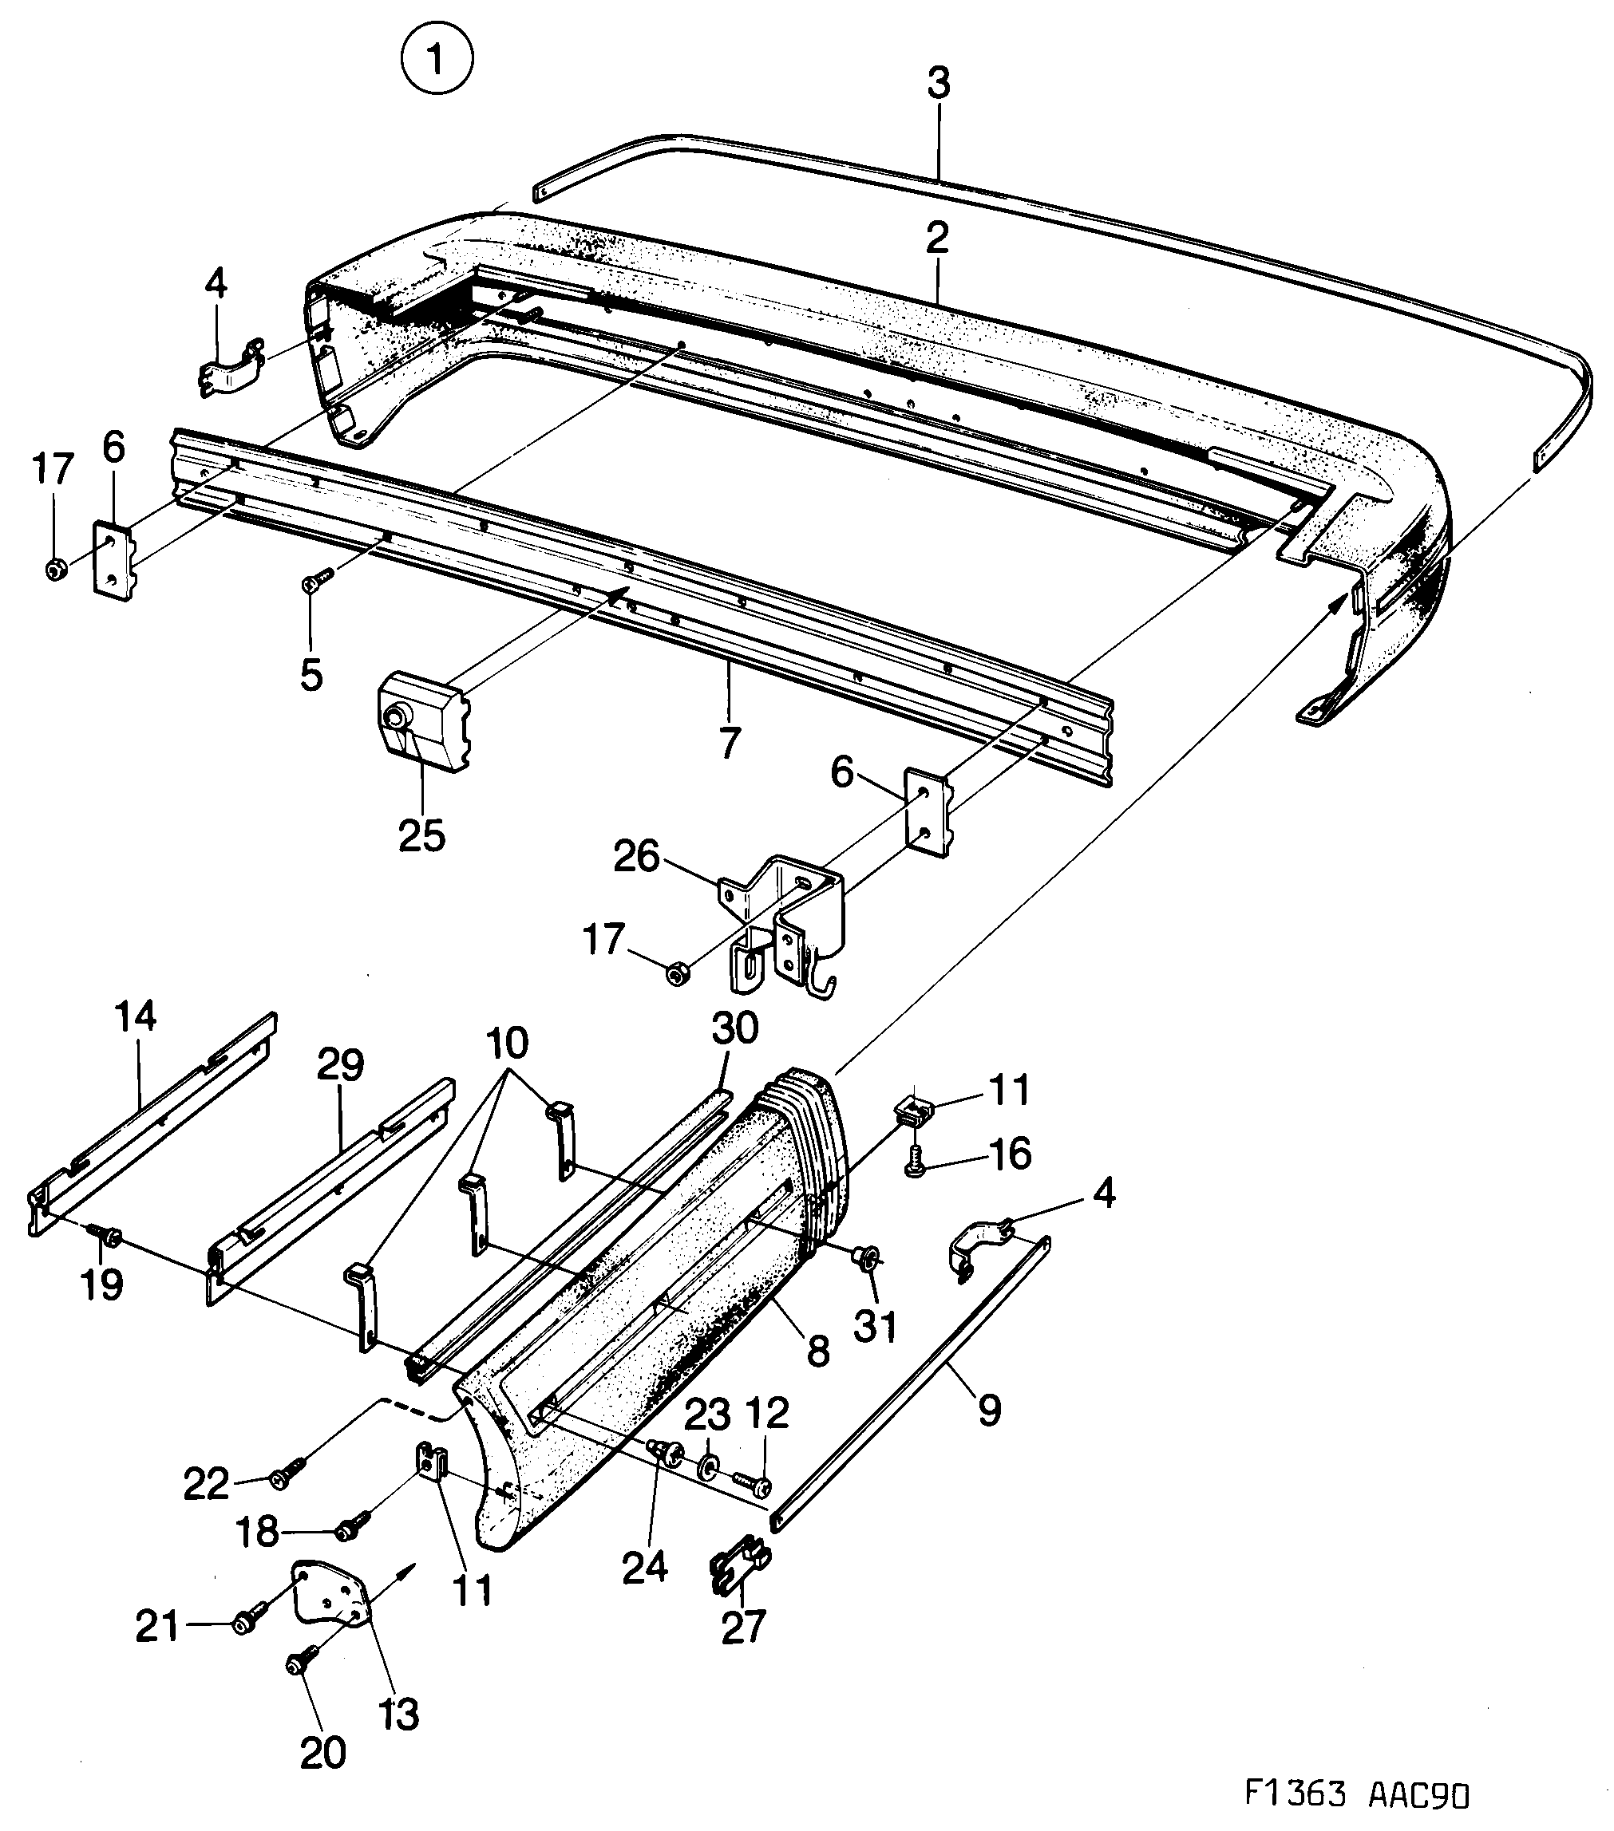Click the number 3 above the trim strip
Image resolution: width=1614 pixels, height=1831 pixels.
937,85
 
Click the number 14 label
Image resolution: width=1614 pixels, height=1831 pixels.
136,1016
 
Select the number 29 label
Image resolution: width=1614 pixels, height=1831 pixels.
341,1065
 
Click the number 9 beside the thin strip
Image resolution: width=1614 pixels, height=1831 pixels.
988,1411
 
